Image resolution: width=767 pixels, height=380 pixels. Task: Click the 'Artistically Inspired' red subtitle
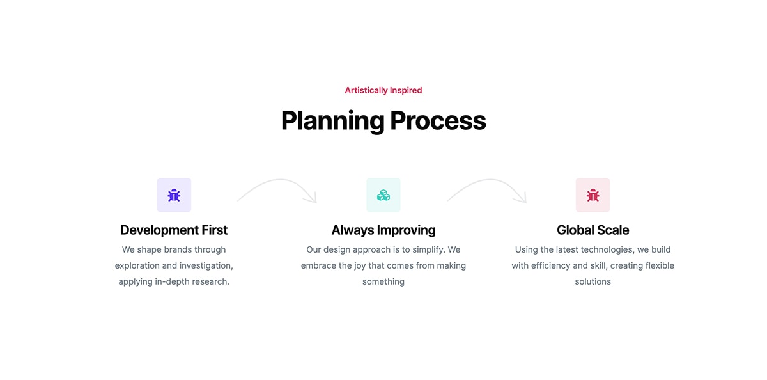[383, 90]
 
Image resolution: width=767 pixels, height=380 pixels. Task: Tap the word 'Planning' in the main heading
[332, 121]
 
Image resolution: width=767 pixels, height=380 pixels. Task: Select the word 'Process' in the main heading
[438, 121]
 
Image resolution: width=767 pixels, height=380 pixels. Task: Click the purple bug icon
[174, 195]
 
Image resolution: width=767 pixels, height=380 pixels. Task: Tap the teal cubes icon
[383, 195]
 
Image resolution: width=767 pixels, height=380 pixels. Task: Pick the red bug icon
[593, 195]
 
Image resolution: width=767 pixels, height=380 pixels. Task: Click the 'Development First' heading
[174, 230]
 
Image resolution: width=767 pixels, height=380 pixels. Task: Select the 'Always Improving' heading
[383, 230]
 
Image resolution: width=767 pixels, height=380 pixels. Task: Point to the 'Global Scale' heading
[593, 230]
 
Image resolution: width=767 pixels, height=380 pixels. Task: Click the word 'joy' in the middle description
[359, 266]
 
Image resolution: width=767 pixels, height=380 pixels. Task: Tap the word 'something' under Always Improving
[383, 282]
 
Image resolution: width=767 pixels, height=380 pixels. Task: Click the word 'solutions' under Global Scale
[593, 281]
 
